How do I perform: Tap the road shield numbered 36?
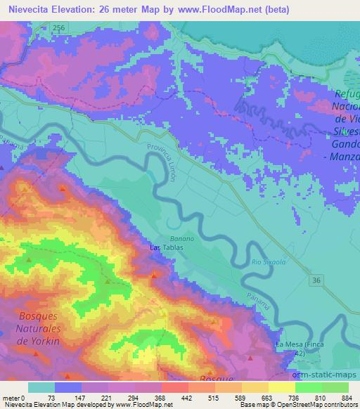pyautogui.click(x=316, y=280)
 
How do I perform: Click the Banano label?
pyautogui.click(x=178, y=239)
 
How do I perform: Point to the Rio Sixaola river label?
pyautogui.click(x=266, y=262)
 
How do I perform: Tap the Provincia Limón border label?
pyautogui.click(x=161, y=164)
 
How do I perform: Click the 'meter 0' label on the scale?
pyautogui.click(x=15, y=398)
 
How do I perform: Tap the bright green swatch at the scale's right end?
pyautogui.click(x=335, y=387)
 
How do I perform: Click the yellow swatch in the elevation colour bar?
pyautogui.click(x=283, y=387)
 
